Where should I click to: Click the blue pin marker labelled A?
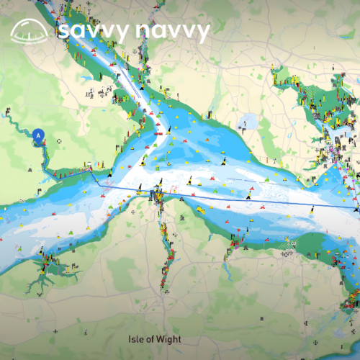(39, 135)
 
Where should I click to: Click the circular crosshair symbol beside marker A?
(58, 141)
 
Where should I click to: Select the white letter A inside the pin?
(39, 133)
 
